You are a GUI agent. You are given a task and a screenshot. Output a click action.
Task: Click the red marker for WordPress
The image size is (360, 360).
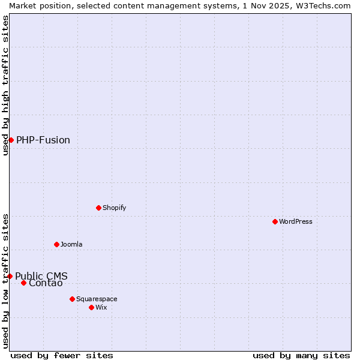pyautogui.click(x=275, y=221)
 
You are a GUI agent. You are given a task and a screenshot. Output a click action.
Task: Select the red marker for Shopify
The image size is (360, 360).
pyautogui.click(x=98, y=208)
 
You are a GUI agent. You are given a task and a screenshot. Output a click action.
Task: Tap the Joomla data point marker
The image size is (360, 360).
pyautogui.click(x=56, y=244)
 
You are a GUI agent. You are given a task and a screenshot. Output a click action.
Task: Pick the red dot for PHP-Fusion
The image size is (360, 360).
pyautogui.click(x=11, y=140)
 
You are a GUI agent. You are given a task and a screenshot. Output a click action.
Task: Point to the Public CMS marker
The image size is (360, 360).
pyautogui.click(x=10, y=276)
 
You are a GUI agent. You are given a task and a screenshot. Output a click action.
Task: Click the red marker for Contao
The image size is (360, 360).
pyautogui.click(x=23, y=283)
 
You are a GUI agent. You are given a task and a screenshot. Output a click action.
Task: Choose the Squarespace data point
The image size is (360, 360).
pyautogui.click(x=72, y=299)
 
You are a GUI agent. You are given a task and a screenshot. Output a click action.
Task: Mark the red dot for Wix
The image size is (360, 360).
pyautogui.click(x=91, y=307)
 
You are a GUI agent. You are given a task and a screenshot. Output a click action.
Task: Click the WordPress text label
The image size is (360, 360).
pyautogui.click(x=295, y=221)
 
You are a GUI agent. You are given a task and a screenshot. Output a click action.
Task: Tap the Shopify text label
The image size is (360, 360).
pyautogui.click(x=114, y=208)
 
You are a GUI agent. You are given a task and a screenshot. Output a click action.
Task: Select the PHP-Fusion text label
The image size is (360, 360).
pyautogui.click(x=43, y=140)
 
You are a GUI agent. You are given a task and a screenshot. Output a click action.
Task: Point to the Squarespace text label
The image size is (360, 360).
pyautogui.click(x=97, y=299)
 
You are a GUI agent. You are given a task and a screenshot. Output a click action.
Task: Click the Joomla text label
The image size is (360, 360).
pyautogui.click(x=71, y=244)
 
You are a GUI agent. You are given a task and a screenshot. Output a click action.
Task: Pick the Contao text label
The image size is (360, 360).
pyautogui.click(x=46, y=283)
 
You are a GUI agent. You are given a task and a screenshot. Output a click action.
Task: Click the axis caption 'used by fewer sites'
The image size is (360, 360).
pyautogui.click(x=62, y=355)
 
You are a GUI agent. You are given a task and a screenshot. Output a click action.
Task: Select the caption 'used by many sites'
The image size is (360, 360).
pyautogui.click(x=301, y=355)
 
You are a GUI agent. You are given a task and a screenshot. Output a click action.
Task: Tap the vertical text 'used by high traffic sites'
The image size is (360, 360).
pyautogui.click(x=6, y=85)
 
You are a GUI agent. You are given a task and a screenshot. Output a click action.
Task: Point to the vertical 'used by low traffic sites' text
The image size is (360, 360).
pyautogui.click(x=6, y=281)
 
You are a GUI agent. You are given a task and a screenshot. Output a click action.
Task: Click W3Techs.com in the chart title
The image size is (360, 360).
pyautogui.click(x=323, y=5)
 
